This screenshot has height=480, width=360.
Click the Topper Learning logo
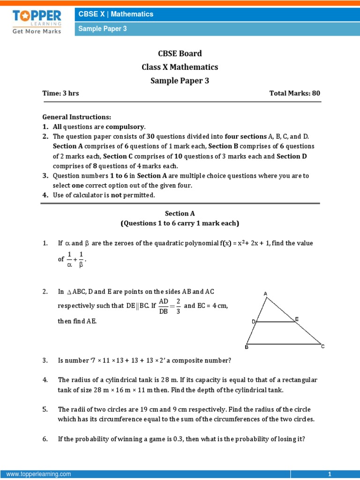click(x=37, y=21)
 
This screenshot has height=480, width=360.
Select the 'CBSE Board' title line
click(x=180, y=53)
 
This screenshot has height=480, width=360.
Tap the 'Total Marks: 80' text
click(x=294, y=93)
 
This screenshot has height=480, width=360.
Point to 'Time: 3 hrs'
click(x=61, y=93)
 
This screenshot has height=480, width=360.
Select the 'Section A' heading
click(x=180, y=213)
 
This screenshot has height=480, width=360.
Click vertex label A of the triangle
click(x=265, y=294)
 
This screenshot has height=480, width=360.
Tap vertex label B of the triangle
click(x=247, y=347)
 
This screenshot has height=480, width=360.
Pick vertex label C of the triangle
click(x=322, y=346)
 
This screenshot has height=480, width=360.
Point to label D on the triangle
click(x=253, y=322)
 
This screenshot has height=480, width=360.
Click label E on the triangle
click(x=296, y=319)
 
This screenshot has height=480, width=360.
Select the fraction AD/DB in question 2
click(x=163, y=306)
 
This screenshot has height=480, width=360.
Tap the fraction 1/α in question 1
click(x=69, y=258)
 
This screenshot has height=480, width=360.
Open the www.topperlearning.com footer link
click(x=39, y=474)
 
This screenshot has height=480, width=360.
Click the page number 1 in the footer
click(x=330, y=474)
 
